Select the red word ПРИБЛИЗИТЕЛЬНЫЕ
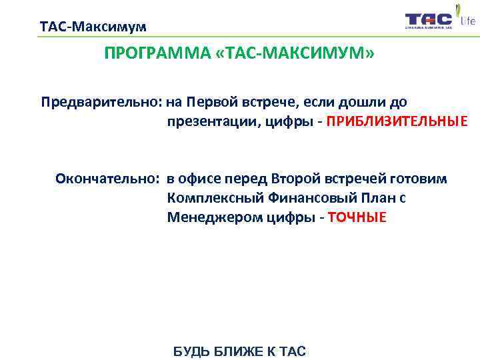(x=397, y=122)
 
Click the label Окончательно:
(x=107, y=179)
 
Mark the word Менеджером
(x=208, y=217)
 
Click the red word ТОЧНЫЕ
(x=357, y=217)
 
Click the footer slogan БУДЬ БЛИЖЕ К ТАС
(x=239, y=351)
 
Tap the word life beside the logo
(x=468, y=21)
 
